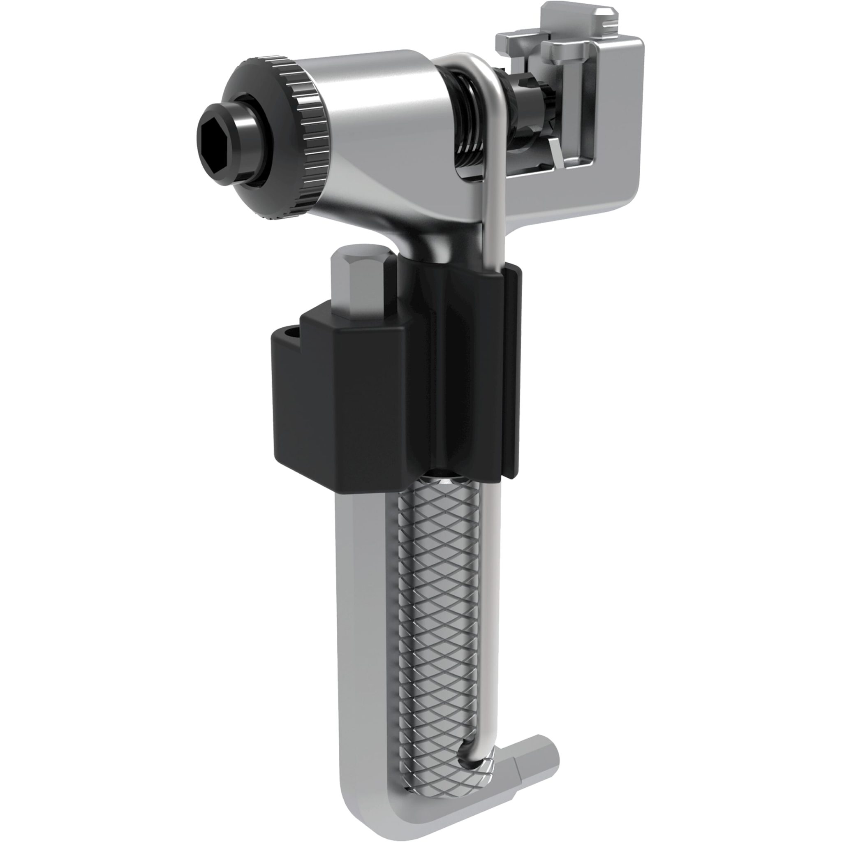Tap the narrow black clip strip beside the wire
click(x=512, y=375)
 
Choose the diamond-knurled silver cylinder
click(x=440, y=610)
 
